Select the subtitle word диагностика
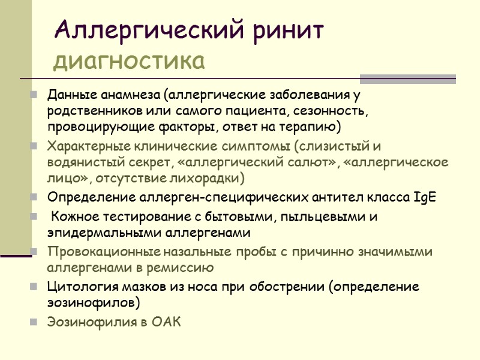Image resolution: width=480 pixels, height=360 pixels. (x=128, y=61)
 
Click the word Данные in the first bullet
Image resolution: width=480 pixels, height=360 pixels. (x=68, y=95)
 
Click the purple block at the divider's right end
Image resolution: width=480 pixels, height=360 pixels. (x=407, y=79)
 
